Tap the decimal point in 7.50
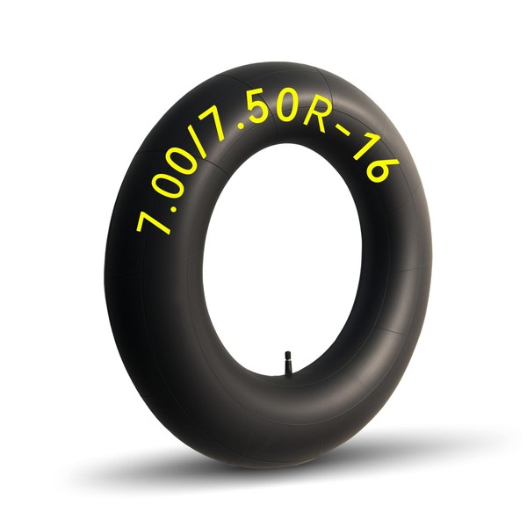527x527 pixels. click(x=240, y=127)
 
